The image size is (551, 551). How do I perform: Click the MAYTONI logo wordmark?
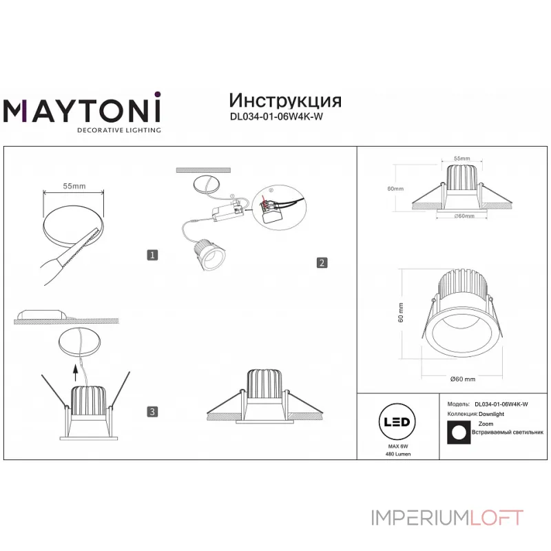83,110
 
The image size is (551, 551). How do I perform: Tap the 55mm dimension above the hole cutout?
74,186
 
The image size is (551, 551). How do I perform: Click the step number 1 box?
153,255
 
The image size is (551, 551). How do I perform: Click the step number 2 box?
322,262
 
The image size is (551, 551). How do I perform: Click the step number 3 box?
153,412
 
